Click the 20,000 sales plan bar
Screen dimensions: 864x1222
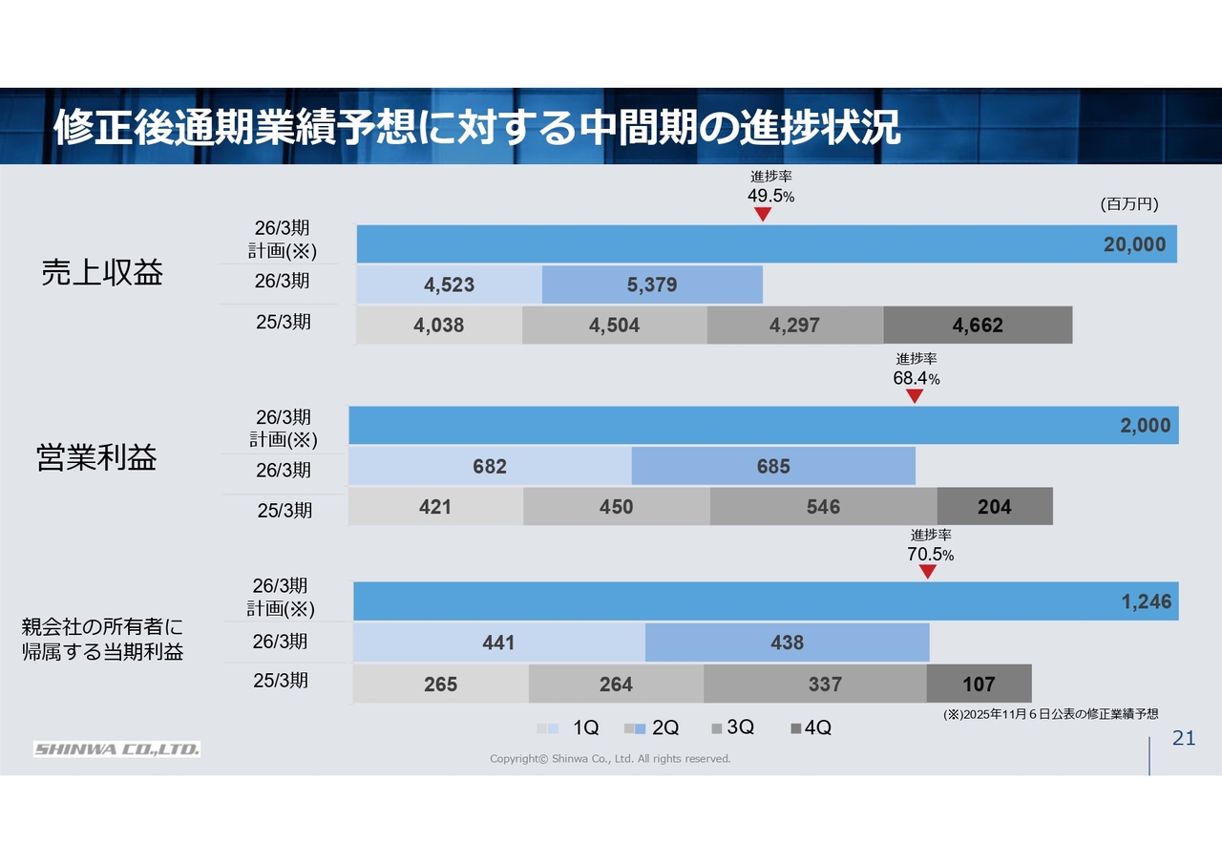click(x=767, y=244)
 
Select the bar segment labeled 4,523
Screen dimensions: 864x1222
click(x=449, y=284)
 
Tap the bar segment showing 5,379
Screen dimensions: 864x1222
click(x=652, y=284)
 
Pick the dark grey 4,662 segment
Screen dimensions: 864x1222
click(x=978, y=326)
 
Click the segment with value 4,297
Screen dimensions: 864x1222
click(x=794, y=326)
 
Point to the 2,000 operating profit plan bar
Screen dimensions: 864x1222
click(x=764, y=426)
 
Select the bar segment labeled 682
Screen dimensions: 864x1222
click(x=490, y=467)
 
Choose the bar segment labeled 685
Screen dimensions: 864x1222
click(x=773, y=467)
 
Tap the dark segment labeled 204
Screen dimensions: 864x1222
click(x=994, y=507)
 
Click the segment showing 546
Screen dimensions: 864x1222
click(x=823, y=507)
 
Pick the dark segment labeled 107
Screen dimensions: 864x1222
click(x=979, y=685)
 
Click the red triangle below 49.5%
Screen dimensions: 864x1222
click(x=763, y=215)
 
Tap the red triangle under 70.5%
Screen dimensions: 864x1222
click(x=927, y=572)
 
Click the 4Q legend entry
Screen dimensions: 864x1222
click(x=811, y=728)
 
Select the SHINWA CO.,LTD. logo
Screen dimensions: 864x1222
click(x=117, y=749)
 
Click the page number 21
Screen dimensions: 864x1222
click(x=1183, y=739)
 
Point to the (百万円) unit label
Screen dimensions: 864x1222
click(x=1128, y=204)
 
